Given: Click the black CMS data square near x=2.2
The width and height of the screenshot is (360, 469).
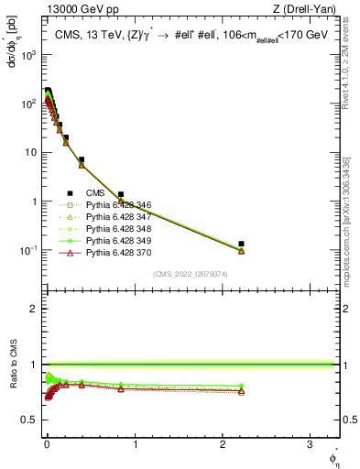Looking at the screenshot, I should (x=241, y=244).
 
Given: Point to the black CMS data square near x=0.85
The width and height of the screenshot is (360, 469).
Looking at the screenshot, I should (x=121, y=194).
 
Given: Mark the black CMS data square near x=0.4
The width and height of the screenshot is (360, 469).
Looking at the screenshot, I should (x=82, y=159).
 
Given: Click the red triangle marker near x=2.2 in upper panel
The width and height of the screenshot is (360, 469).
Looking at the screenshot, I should (x=241, y=250).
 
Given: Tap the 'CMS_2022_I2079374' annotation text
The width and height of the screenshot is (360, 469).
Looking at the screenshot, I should (x=190, y=273).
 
